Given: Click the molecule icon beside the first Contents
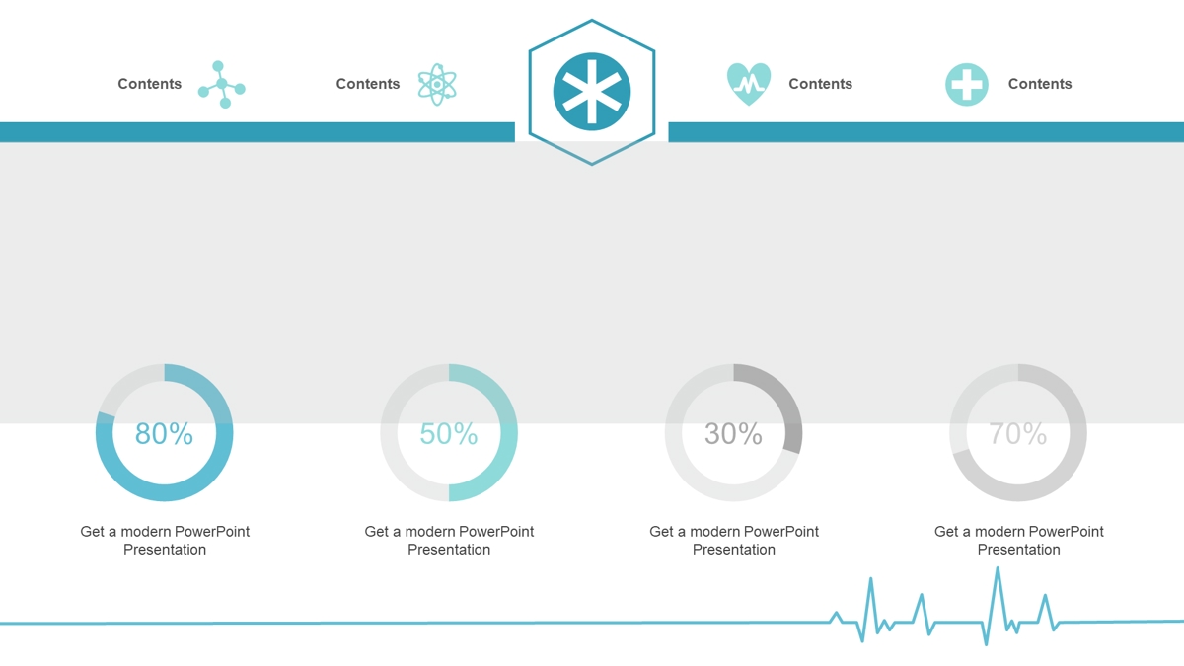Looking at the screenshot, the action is coord(221,85).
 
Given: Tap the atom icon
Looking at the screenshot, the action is coord(437,85).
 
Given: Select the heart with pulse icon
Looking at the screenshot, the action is coord(749,85).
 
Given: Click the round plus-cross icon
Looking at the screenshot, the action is coord(967,85).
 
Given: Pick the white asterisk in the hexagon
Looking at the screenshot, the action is coord(592,92).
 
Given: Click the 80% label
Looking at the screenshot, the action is coord(164,433).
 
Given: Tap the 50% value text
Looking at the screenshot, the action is coord(449,433).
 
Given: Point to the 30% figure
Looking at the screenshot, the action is coord(733,433).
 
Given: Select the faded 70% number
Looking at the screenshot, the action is coord(1018,433).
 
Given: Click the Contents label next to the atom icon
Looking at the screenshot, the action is coord(368,84).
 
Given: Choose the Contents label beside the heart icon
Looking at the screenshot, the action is coord(820,84).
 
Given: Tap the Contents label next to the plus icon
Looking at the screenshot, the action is coord(1040,84).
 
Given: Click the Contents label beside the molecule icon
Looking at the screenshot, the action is coord(150,84).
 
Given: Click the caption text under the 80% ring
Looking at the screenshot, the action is coord(165,541).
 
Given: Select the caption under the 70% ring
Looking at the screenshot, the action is coord(1018,541).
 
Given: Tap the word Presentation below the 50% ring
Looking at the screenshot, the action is coord(449,550).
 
